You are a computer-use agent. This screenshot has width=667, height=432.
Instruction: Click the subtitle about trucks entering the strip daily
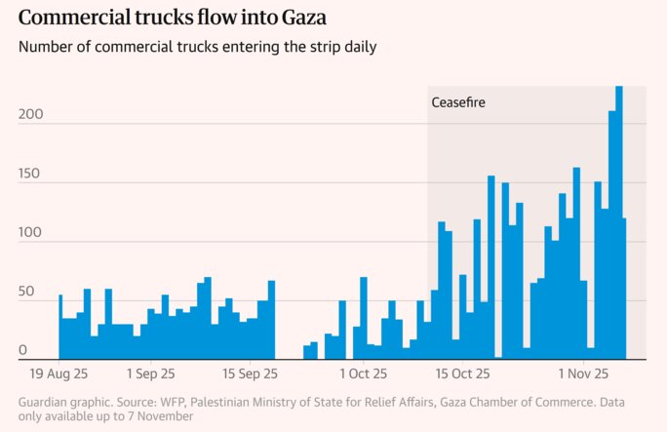[x=197, y=47]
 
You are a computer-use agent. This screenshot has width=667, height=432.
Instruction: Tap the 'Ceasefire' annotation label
[x=457, y=102]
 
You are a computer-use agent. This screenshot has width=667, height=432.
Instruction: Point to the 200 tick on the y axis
[x=31, y=114]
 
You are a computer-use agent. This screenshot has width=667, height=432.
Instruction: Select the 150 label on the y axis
[x=31, y=173]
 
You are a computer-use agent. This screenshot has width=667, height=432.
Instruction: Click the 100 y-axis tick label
[x=31, y=232]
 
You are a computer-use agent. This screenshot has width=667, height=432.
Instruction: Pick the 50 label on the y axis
[x=26, y=292]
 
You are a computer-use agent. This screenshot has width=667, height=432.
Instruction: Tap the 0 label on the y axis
[x=22, y=350]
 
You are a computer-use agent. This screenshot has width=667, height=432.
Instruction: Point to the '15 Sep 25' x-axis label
[x=253, y=373]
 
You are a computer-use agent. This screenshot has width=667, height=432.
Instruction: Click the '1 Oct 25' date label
[x=362, y=373]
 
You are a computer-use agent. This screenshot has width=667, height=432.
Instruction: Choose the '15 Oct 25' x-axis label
[x=462, y=373]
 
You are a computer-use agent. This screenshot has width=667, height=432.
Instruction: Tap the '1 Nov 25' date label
[x=583, y=373]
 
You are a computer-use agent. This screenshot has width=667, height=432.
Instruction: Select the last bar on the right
[x=624, y=288]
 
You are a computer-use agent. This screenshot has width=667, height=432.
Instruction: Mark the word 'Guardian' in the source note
[x=47, y=401]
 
